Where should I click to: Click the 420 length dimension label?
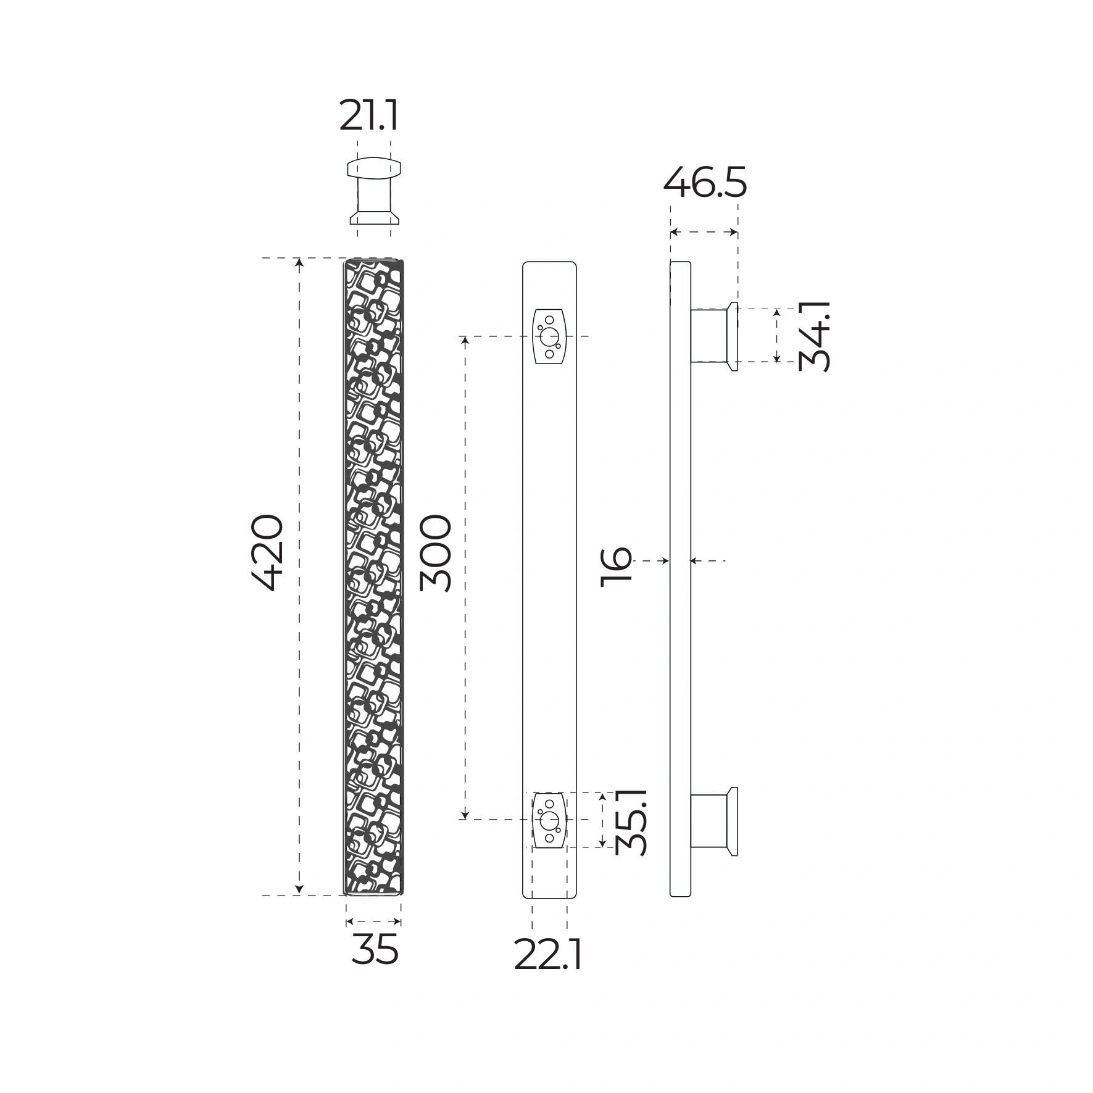point(268,552)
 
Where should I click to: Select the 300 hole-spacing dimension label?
point(436,554)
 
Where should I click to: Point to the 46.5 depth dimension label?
point(705,182)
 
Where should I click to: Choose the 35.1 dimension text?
point(631,821)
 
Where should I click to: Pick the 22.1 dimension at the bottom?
point(548,956)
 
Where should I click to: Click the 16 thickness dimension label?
point(617,565)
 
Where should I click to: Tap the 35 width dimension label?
point(375,949)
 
